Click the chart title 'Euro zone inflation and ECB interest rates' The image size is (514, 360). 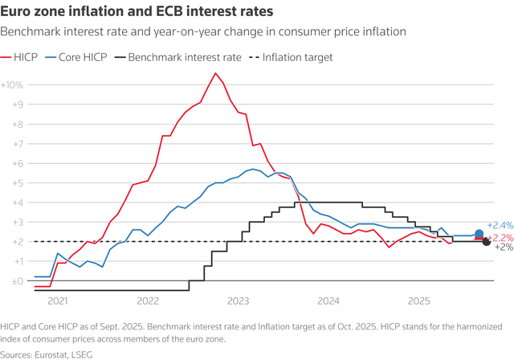[136, 13]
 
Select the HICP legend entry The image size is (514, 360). [28, 57]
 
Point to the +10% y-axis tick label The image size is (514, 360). [12, 84]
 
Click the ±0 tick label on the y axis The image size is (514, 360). [14, 281]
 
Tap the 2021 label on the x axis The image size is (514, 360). [57, 301]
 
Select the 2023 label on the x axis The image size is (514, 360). [239, 301]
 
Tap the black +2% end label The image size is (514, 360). [503, 247]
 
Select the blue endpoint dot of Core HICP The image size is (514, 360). [479, 234]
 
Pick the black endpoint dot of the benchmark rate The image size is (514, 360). [486, 242]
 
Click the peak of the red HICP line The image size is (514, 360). [214, 73]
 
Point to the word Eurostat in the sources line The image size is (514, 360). [55, 353]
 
